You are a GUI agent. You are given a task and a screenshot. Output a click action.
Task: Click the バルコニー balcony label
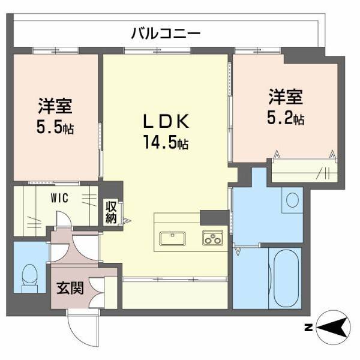click(166, 34)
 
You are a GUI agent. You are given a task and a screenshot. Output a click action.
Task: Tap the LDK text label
click(166, 122)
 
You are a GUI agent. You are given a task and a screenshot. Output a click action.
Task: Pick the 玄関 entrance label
click(70, 288)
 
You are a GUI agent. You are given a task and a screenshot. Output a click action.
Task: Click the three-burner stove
click(212, 238)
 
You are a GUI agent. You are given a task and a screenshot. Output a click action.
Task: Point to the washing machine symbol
click(293, 199)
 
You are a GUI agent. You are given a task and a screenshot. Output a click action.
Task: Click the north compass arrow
click(333, 328)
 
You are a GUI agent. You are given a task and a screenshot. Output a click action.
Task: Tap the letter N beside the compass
click(307, 328)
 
